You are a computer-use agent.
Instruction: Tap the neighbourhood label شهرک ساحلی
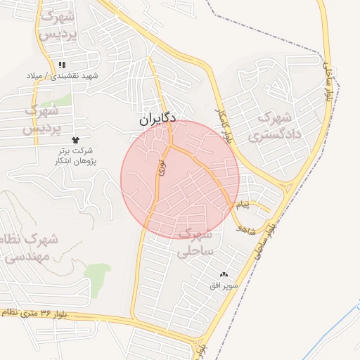pos(196,240)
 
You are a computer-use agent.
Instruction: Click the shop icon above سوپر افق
pos(224,275)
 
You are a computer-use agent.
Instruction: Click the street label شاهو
pos(247,228)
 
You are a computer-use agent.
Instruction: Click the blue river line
pos(330,335)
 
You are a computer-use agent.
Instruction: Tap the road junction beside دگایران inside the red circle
pos(169,146)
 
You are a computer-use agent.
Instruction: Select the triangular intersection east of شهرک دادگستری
pos(289,188)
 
